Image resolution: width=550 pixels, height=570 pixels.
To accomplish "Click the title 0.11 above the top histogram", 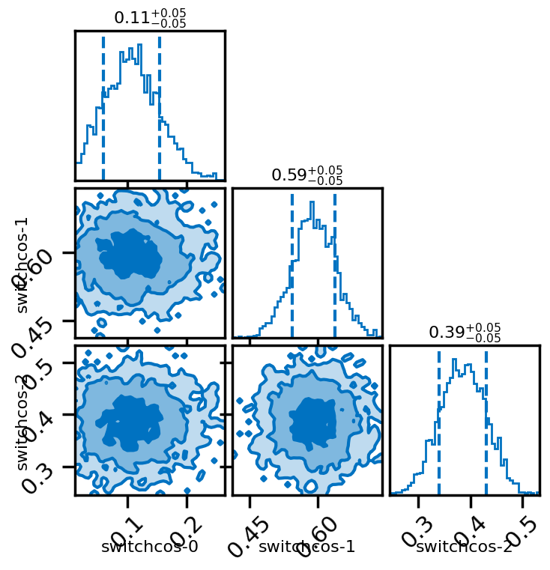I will coord(150,17).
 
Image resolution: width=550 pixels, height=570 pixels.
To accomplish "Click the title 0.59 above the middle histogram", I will coord(307,175).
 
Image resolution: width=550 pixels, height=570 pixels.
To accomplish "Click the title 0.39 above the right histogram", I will coord(465,332).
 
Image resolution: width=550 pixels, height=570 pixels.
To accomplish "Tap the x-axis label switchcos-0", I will coord(150,548).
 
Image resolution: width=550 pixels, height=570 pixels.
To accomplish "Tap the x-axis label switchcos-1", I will coord(307,548).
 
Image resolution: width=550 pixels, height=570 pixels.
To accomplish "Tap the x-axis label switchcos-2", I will coord(465,548).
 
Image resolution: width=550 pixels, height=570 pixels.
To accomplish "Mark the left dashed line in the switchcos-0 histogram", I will coord(103,97).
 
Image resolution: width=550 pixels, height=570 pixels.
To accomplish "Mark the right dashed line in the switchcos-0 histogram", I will coord(160,97).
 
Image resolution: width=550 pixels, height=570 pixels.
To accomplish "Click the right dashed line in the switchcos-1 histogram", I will coord(335,262).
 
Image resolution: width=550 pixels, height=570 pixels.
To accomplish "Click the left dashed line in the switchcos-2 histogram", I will coord(439,419).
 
